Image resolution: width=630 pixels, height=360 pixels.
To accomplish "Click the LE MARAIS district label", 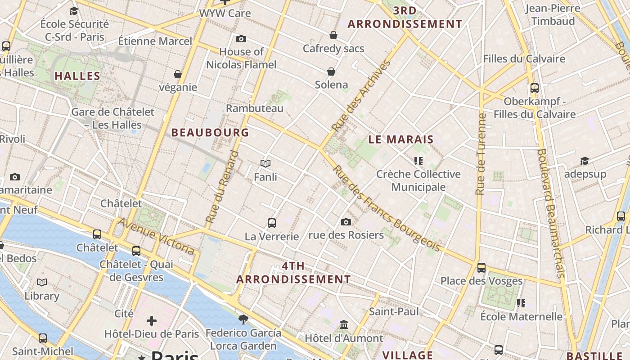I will (x=401, y=139).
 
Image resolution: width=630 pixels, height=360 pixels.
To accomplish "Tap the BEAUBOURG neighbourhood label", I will (x=210, y=132).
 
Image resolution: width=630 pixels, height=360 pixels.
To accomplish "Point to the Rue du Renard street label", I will (x=222, y=187).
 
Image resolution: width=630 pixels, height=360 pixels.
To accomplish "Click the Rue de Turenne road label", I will (x=481, y=154).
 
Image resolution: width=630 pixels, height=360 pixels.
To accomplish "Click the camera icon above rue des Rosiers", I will (x=346, y=222).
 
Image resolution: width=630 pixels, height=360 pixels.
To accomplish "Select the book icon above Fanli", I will (x=265, y=164).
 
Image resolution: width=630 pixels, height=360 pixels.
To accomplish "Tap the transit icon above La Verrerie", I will (x=272, y=223).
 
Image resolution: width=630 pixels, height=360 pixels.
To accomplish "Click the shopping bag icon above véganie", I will (x=178, y=74).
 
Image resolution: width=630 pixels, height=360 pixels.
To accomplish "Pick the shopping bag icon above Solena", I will (x=331, y=72).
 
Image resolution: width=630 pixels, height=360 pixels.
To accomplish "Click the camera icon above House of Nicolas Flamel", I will (x=241, y=39).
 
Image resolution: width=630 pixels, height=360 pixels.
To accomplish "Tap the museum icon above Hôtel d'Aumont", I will (x=344, y=324).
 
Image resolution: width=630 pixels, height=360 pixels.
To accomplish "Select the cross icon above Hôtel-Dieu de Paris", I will (x=152, y=321).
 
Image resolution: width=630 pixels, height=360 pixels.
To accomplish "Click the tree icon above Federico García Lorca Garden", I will (x=243, y=319).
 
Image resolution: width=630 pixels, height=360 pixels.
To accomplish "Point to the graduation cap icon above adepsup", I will (x=585, y=161).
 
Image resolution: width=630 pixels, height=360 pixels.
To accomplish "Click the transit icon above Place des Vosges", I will (x=481, y=268).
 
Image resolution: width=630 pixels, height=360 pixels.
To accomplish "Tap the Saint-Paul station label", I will (x=394, y=311).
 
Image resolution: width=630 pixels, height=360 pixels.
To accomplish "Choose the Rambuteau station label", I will (x=255, y=108).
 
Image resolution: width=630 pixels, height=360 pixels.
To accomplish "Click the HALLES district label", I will (x=77, y=76).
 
